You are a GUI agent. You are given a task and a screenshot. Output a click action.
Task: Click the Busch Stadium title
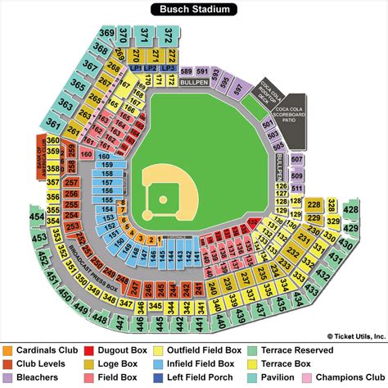(x=194, y=10)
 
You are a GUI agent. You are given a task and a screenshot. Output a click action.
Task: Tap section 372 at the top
(x=168, y=34)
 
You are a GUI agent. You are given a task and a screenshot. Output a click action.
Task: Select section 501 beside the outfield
(x=266, y=125)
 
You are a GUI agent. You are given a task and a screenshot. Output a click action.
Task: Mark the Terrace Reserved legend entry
(x=298, y=350)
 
